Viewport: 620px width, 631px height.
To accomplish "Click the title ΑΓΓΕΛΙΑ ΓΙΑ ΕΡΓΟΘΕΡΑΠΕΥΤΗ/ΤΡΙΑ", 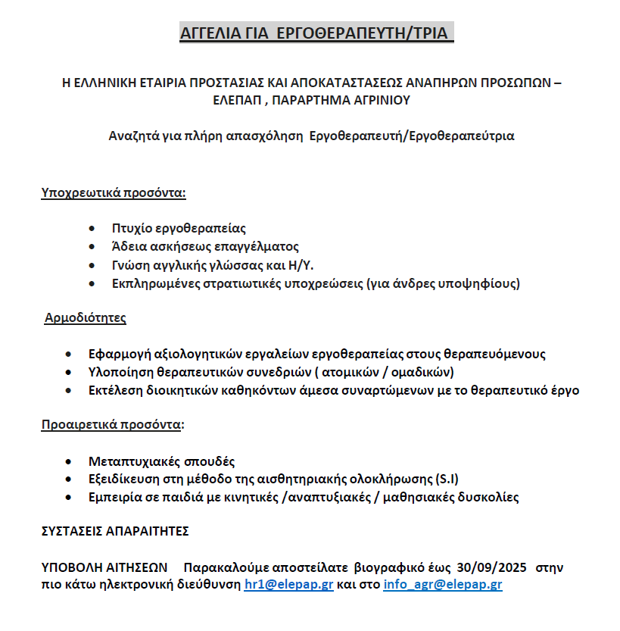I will (x=316, y=34).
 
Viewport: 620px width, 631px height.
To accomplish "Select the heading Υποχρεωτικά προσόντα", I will (x=114, y=192).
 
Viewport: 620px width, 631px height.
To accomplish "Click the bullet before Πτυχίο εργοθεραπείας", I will (x=92, y=228).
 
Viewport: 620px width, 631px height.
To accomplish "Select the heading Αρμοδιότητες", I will (x=85, y=317).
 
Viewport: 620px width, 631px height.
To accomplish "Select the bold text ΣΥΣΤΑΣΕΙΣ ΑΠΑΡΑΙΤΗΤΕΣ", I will (x=115, y=531).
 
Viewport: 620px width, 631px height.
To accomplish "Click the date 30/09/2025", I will (x=493, y=567).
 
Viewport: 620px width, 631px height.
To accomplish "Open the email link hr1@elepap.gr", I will (x=288, y=585).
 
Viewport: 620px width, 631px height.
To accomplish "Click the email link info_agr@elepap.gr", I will (x=443, y=585).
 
